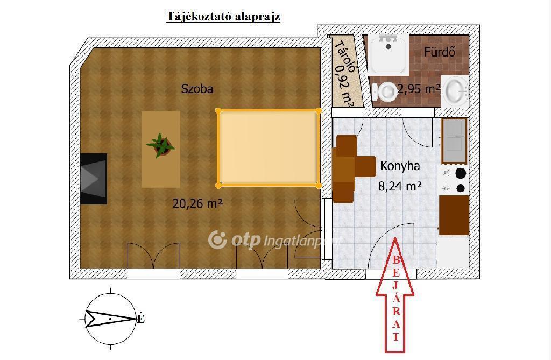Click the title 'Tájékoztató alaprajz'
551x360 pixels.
click(223, 17)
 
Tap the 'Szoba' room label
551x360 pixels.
click(197, 89)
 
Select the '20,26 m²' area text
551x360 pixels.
click(197, 203)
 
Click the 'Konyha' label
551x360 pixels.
click(400, 166)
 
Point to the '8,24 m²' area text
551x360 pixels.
click(400, 186)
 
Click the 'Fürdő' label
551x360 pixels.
click(440, 52)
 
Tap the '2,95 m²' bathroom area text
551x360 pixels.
click(419, 89)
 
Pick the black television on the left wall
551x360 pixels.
click(94, 179)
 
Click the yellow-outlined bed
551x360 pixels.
click(269, 147)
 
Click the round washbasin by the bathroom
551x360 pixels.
click(455, 91)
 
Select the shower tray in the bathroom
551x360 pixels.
click(388, 54)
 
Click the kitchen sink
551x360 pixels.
click(454, 140)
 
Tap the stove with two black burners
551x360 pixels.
click(453, 180)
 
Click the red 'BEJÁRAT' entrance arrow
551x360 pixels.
click(395, 294)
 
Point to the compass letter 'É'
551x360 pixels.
click(140, 319)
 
